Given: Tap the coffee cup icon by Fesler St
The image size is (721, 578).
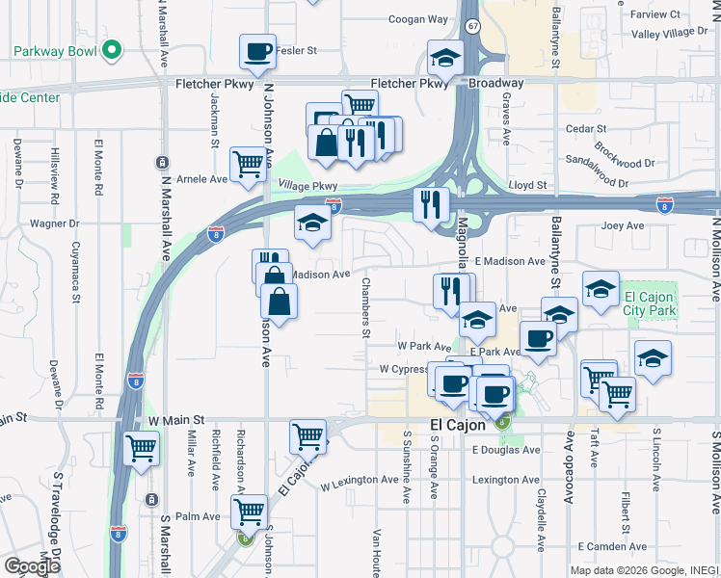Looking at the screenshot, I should [257, 52].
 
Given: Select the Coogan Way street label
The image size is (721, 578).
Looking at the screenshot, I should [418, 19].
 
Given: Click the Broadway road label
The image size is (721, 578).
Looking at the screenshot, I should [496, 83].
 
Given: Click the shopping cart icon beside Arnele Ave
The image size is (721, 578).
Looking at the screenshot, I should [248, 165].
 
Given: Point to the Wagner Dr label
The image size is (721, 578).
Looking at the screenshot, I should [53, 223].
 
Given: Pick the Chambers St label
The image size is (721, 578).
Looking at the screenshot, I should [365, 308].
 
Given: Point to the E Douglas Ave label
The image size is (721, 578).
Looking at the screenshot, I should [504, 450].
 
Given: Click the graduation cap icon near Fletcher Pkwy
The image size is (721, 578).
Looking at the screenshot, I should [444, 61].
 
